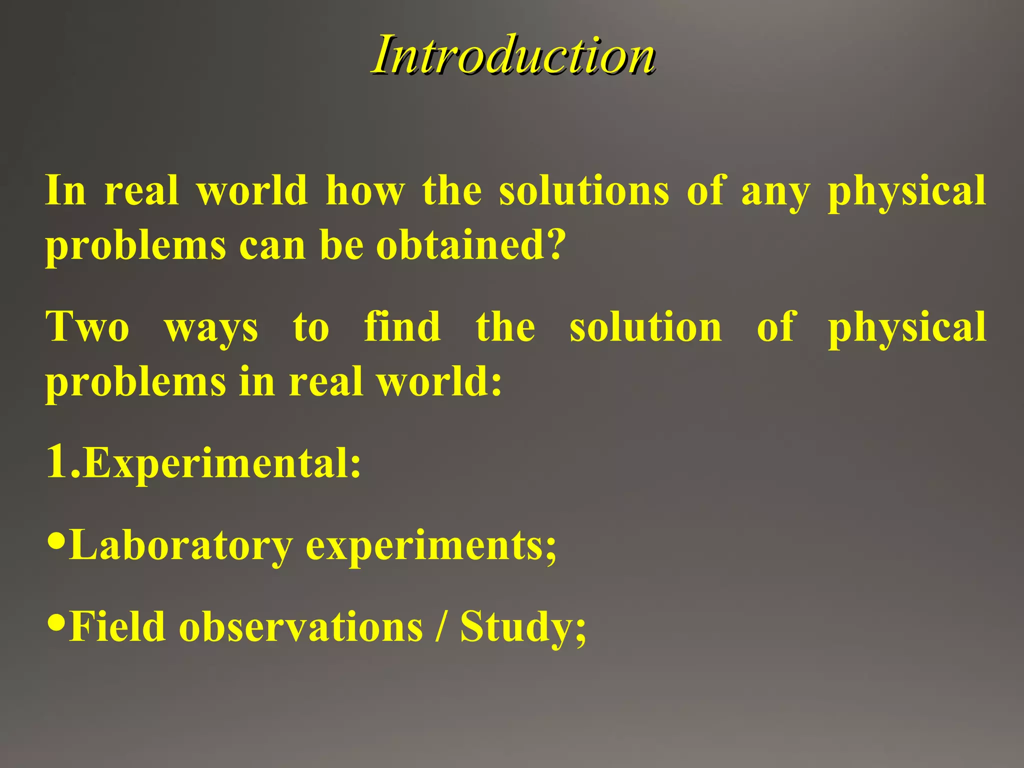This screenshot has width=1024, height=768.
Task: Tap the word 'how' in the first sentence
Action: pos(365,191)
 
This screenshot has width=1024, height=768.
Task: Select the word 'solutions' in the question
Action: pos(583,191)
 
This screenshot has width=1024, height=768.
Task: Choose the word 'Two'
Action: pos(87,327)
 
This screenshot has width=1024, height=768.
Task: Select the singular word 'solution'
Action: pos(646,327)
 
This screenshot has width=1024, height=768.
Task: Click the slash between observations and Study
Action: pos(440,627)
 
